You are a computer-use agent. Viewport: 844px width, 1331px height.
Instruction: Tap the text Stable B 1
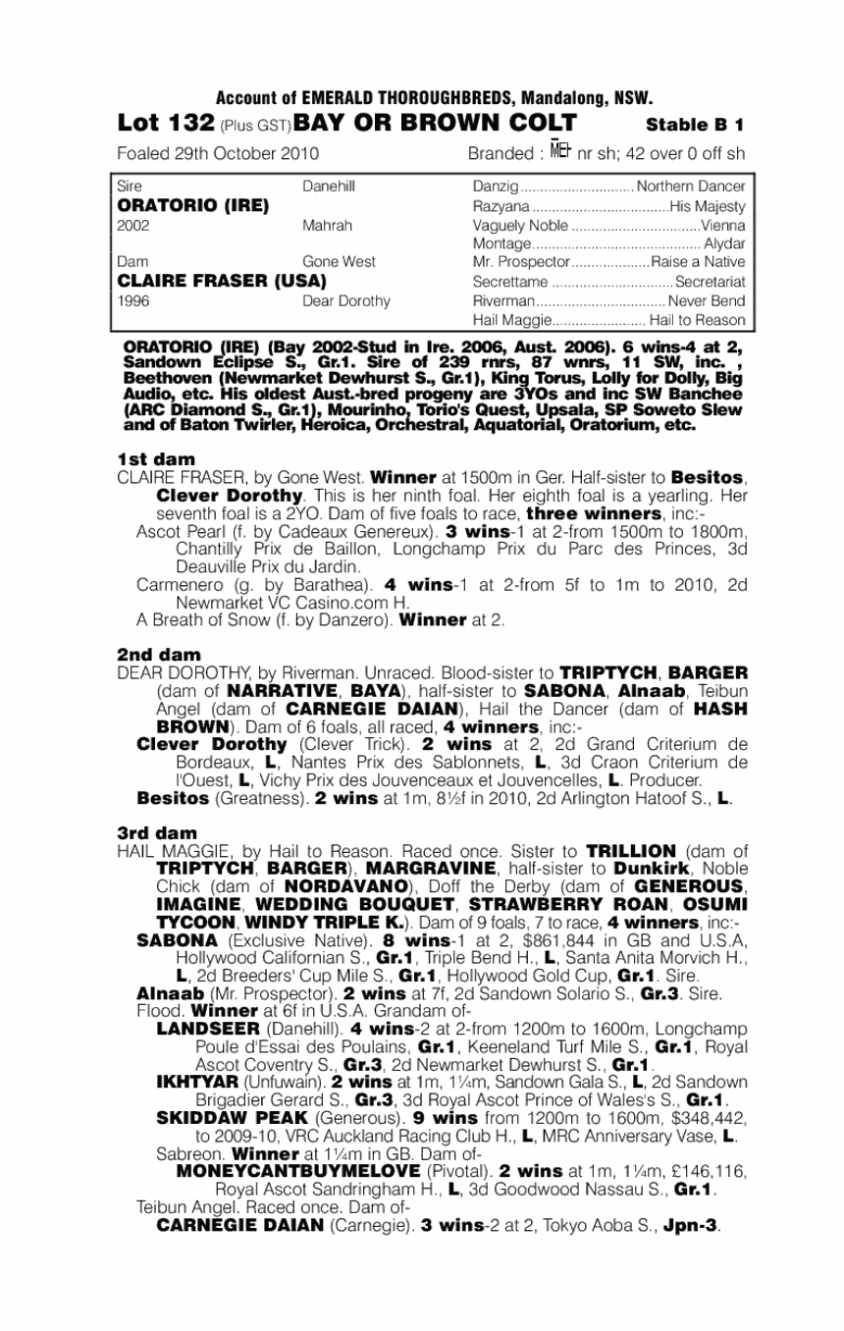695,125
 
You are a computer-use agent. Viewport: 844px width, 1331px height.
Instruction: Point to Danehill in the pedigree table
329,186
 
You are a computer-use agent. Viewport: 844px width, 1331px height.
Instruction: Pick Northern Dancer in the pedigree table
691,186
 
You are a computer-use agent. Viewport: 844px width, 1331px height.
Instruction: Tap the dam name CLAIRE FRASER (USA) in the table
221,282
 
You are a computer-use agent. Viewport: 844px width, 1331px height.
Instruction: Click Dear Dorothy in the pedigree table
346,300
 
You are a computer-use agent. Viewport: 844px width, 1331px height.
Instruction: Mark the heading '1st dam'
156,458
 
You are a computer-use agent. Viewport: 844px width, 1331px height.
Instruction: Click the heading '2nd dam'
159,654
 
